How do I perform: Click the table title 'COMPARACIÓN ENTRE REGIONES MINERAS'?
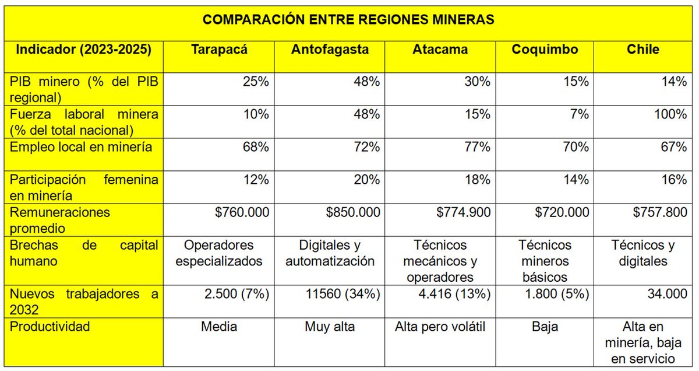click(348, 20)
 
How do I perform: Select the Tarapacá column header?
click(220, 50)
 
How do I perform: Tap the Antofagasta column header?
click(330, 50)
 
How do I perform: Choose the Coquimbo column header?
click(545, 50)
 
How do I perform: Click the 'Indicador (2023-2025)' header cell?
click(84, 50)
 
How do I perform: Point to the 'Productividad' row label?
click(50, 327)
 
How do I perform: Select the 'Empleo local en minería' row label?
click(81, 147)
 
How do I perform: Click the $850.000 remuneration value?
click(353, 212)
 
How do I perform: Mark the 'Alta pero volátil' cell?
click(440, 327)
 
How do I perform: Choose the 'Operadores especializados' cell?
click(220, 253)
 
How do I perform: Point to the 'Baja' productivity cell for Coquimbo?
click(545, 327)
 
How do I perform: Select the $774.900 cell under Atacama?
click(463, 212)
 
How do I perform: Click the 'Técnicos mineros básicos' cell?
click(545, 261)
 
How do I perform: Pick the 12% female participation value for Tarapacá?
click(256, 180)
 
